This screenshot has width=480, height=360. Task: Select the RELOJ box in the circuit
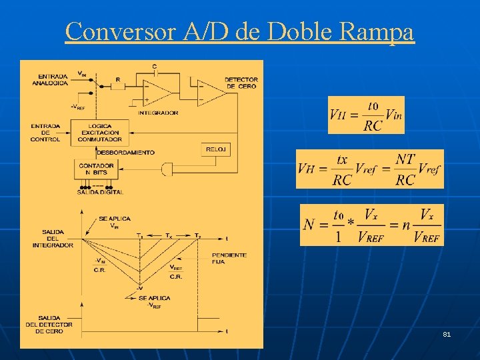[217, 149]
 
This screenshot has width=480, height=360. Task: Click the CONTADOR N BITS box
[96, 169]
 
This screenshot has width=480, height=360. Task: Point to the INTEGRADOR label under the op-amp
[158, 113]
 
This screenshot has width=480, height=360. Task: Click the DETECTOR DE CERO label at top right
[241, 83]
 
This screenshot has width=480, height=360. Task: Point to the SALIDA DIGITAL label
[100, 192]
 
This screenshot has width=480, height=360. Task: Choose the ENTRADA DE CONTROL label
[45, 132]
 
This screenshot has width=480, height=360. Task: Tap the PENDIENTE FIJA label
[229, 258]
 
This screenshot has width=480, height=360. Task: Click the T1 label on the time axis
[139, 235]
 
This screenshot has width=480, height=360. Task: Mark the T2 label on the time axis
[197, 235]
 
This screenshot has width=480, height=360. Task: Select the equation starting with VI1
[366, 115]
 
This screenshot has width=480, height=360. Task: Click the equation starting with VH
[369, 169]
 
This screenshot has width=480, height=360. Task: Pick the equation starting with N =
[371, 225]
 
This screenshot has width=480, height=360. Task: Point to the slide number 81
[447, 334]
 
